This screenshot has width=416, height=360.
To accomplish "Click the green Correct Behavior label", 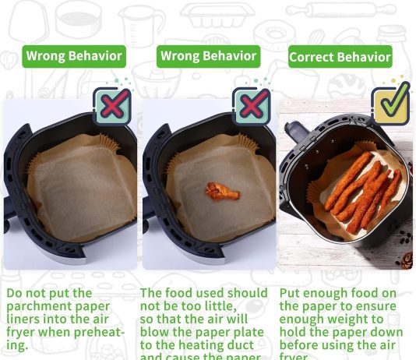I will coord(340,57).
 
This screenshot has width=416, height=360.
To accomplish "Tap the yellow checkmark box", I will coord(390,105).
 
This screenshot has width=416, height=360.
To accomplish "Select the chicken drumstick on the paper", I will coord(222,190).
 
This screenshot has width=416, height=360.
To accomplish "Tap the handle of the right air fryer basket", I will coord(297,130).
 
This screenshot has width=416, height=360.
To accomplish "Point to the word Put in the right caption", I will coord(292,294).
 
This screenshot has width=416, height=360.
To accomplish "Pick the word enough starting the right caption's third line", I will coord(305,319).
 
